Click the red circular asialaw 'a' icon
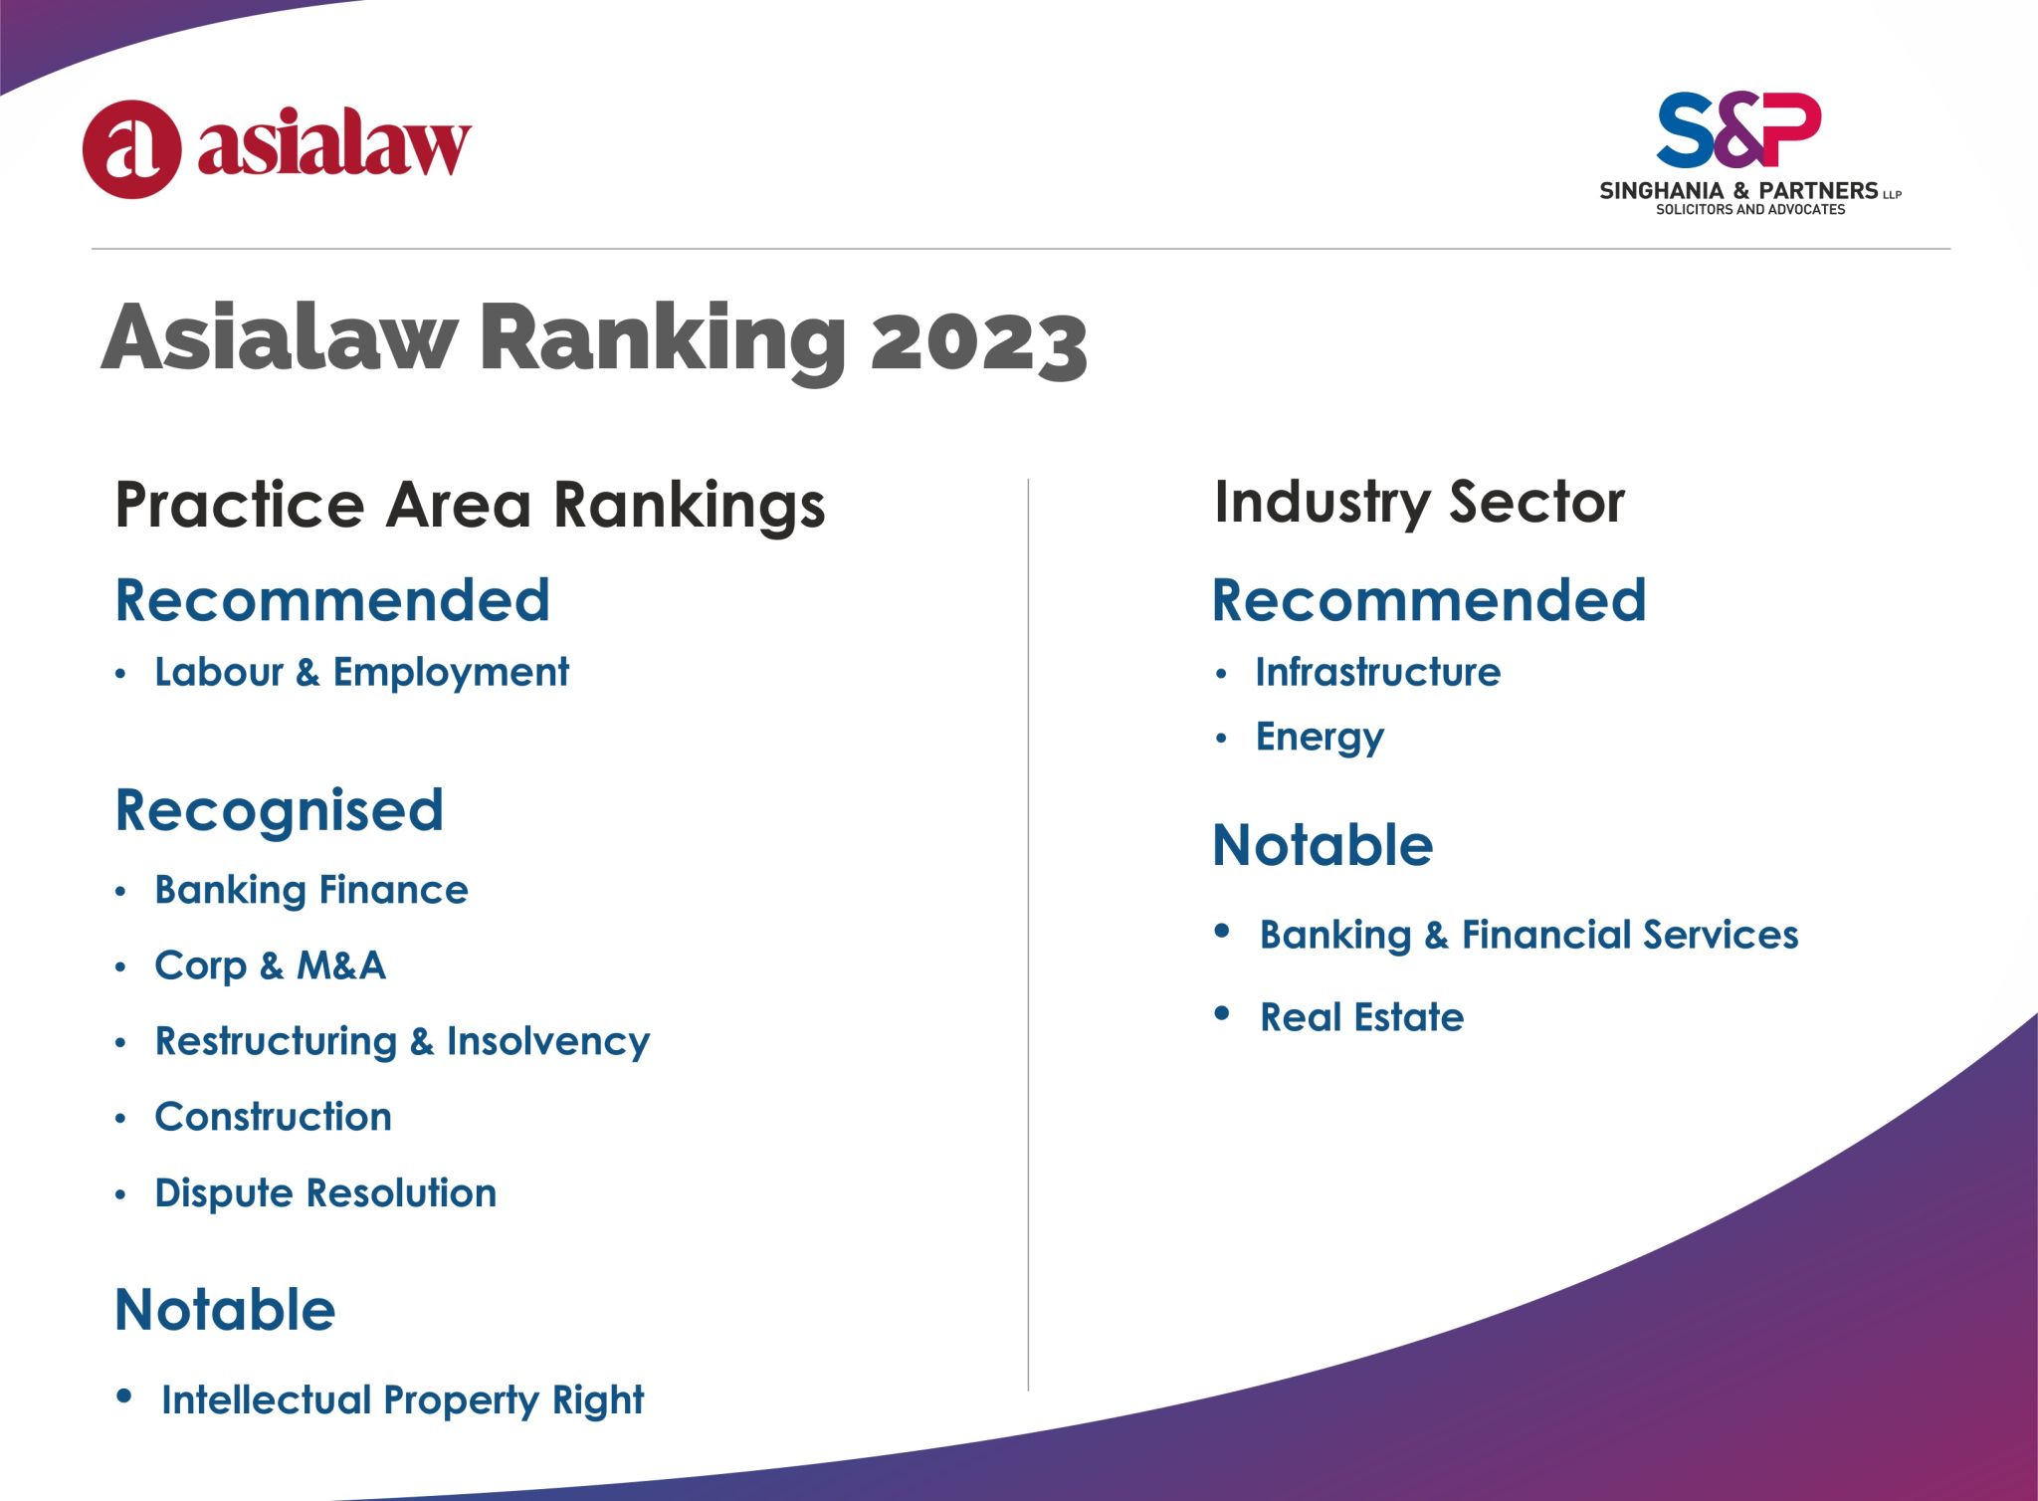tap(131, 149)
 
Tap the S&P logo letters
tap(1738, 130)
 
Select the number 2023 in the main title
tap(979, 340)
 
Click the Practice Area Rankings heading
tap(470, 505)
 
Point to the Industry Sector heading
tap(1419, 503)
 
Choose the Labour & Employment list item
tap(362, 672)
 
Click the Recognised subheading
tap(280, 810)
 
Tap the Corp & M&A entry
tap(271, 965)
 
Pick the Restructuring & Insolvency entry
tap(403, 1042)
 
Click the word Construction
tap(274, 1117)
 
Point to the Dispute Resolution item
tap(325, 1193)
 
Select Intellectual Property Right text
tap(403, 1400)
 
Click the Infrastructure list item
tap(1378, 672)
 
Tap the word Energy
tap(1320, 738)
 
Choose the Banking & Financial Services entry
tap(1529, 936)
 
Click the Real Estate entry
tap(1362, 1017)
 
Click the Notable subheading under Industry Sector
tap(1324, 846)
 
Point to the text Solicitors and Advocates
tap(1750, 210)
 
